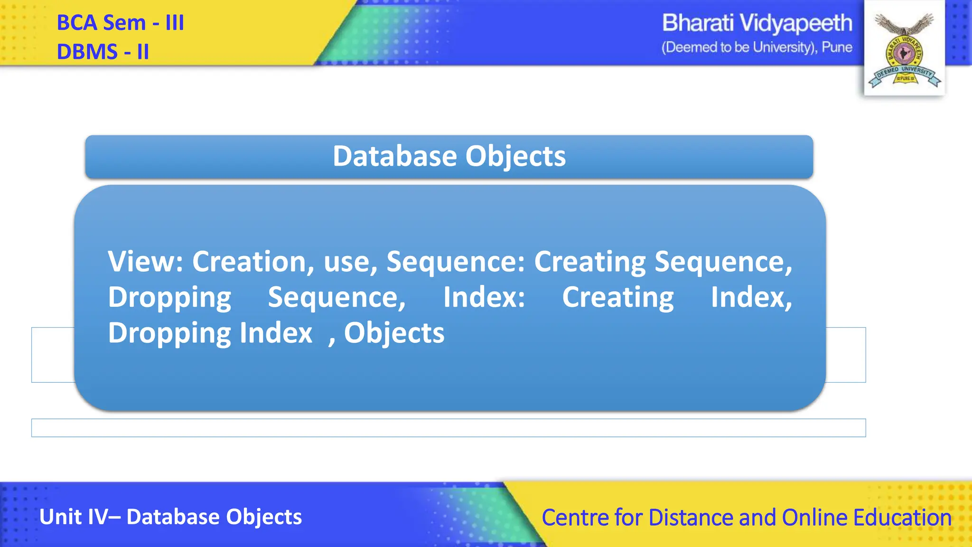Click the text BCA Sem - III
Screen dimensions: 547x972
[120, 23]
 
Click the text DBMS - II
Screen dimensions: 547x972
[103, 52]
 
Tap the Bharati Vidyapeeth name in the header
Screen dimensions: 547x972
[757, 23]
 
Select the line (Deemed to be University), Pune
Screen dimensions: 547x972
[757, 47]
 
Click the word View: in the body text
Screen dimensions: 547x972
[145, 262]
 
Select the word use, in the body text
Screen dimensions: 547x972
[350, 262]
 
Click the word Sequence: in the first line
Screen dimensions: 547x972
[456, 262]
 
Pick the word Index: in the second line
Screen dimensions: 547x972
[484, 297]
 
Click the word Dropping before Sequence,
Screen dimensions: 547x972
[169, 298]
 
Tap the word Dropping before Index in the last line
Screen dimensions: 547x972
[169, 333]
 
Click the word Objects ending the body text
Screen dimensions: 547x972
[394, 333]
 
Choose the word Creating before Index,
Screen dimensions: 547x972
[617, 298]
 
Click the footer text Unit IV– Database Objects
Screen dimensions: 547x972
[170, 517]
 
